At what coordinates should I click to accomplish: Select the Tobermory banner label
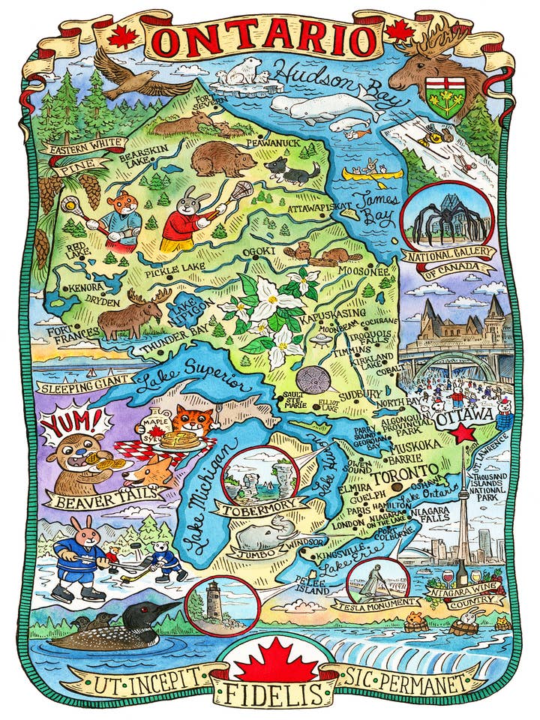point(258,510)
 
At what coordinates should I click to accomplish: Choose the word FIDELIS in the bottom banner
point(271,691)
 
